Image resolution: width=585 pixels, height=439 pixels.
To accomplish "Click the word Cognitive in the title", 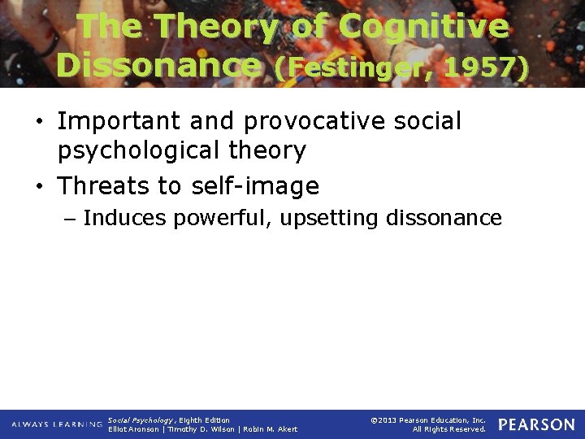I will (x=423, y=27).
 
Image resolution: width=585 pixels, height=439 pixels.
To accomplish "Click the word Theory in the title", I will (x=215, y=27).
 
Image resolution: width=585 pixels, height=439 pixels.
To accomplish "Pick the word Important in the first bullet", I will (x=120, y=122).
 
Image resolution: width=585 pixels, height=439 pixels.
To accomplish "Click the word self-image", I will (x=255, y=186).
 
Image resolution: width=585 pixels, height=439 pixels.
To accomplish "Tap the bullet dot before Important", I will (x=39, y=123).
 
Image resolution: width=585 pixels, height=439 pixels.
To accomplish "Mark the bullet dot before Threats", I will (x=39, y=187).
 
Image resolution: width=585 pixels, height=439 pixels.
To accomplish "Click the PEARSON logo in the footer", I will (x=536, y=424).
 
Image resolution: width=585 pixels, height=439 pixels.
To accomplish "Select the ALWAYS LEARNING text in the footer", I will (x=57, y=424).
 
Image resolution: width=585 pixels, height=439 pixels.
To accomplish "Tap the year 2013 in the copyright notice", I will (x=388, y=419).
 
